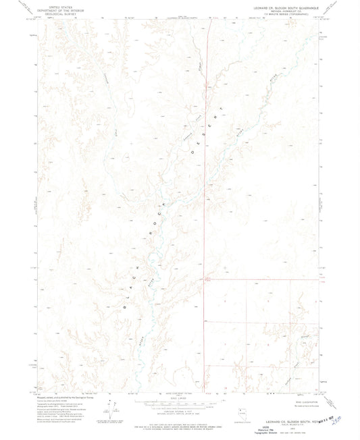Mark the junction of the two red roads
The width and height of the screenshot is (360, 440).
205,279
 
